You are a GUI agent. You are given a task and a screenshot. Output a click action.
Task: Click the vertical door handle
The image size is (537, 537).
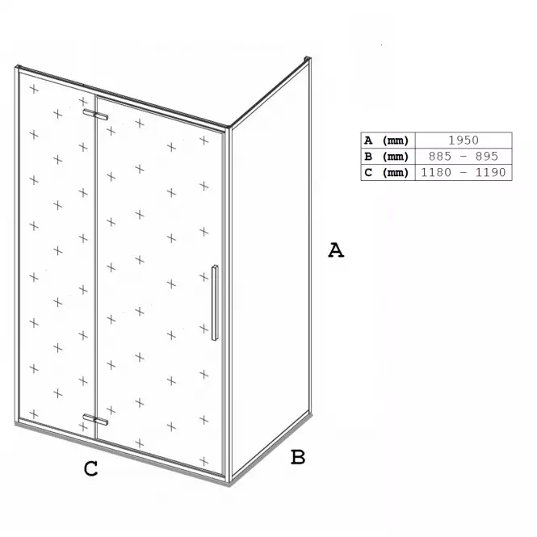tap(215, 303)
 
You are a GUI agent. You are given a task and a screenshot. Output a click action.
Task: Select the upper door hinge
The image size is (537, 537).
tap(95, 115)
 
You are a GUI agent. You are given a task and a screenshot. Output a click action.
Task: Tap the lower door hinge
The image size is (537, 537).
tap(95, 420)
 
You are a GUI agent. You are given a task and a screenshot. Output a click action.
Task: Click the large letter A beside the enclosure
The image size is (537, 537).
tap(336, 250)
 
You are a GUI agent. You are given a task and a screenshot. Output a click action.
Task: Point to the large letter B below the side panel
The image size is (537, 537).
tap(298, 457)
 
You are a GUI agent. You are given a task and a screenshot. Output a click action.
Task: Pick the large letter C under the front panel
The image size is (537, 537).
tap(90, 468)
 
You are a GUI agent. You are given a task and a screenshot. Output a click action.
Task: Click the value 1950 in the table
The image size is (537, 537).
tap(464, 140)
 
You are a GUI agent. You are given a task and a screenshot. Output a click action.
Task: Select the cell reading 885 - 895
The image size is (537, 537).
tap(464, 156)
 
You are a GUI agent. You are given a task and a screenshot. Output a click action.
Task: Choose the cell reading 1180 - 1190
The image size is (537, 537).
tap(464, 172)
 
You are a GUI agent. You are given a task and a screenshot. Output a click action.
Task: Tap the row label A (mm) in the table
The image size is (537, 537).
tap(386, 141)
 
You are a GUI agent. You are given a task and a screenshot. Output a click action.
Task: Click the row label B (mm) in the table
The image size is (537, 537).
tap(386, 157)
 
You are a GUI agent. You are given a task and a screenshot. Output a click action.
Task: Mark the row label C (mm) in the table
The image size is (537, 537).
tap(386, 173)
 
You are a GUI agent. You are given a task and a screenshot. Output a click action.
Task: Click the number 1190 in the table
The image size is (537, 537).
tap(490, 172)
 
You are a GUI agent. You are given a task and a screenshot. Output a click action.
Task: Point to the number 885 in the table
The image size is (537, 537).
tap(440, 156)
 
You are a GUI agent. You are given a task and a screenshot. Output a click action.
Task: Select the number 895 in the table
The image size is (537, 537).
tap(487, 156)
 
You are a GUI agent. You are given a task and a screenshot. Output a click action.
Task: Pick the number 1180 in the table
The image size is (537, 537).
tap(436, 172)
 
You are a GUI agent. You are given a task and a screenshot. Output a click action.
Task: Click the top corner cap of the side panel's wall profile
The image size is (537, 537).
tap(308, 59)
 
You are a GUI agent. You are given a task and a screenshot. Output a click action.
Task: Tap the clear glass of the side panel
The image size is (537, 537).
tap(271, 267)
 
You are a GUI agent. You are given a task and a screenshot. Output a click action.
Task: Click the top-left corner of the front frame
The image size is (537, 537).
tap(18, 67)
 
